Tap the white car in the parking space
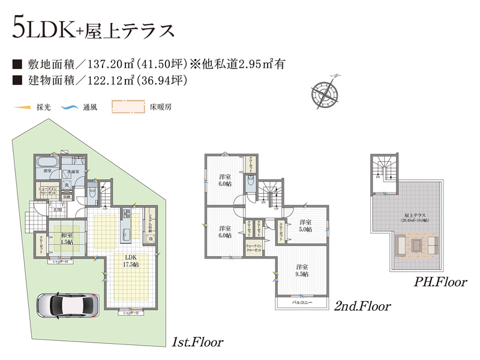point(66,305)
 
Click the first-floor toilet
point(91,193)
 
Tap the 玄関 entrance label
point(56,209)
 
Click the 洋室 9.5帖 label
point(301,270)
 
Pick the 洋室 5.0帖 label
point(306,225)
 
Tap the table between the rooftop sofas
point(416,245)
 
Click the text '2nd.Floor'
point(362,307)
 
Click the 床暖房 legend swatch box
point(128,107)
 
